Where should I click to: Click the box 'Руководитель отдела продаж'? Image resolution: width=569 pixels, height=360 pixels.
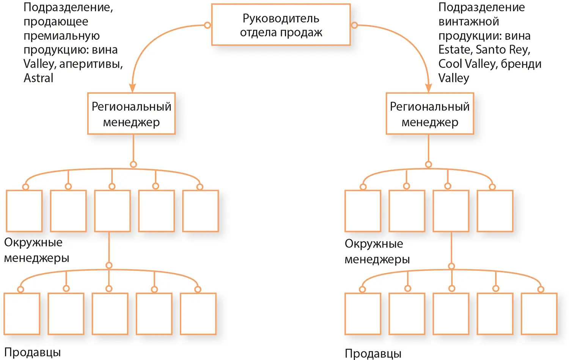[281, 25]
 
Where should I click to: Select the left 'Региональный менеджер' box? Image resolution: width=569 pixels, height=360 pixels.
[131, 114]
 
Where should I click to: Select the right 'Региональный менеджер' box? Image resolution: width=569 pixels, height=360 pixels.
[430, 114]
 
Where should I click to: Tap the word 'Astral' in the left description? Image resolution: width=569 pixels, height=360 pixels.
[38, 78]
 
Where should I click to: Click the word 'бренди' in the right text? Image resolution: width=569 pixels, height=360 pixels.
[521, 64]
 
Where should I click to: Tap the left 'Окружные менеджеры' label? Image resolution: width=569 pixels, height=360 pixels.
[36, 250]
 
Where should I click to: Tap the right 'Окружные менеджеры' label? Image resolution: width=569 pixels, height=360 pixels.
[377, 251]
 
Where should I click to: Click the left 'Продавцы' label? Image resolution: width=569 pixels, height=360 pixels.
[32, 352]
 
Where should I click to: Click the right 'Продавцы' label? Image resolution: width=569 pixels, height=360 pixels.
[373, 354]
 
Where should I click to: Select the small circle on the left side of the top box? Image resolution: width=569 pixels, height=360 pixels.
[207, 25]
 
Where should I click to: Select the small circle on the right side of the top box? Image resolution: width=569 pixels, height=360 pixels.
[354, 25]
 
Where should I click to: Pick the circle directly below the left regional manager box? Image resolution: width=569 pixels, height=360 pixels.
[133, 164]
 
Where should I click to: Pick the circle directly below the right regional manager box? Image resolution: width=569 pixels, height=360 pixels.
[428, 164]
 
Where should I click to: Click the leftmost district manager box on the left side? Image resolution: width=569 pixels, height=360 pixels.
[24, 211]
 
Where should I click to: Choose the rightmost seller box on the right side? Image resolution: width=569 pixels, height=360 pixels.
[539, 314]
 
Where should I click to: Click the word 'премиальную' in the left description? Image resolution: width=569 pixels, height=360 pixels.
[61, 36]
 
